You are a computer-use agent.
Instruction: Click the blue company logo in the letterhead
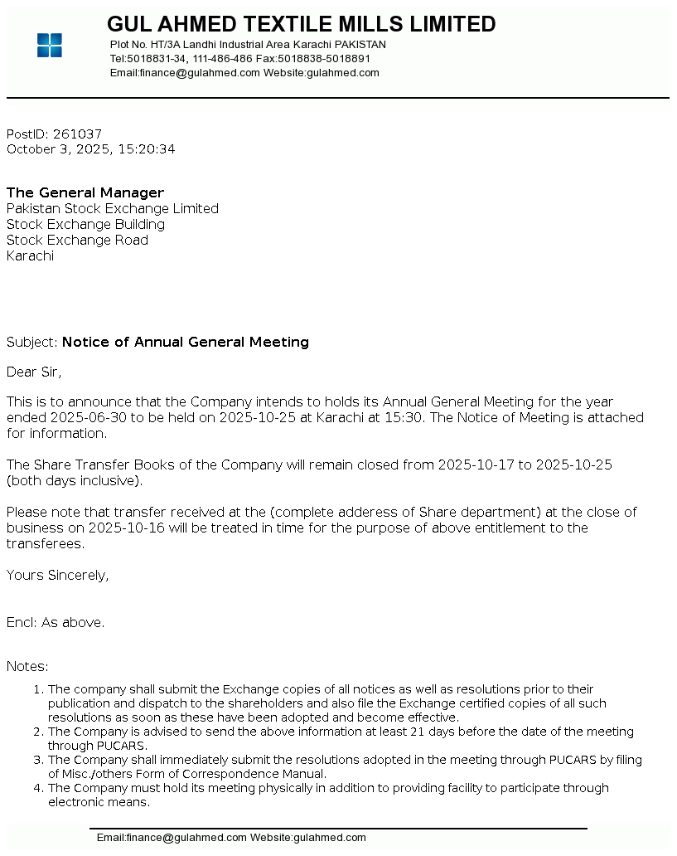point(50,46)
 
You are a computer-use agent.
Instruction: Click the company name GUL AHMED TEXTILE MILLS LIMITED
point(302,24)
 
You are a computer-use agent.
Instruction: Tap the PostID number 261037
point(77,134)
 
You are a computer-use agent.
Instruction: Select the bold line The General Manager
point(85,193)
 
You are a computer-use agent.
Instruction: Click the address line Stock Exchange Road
point(77,241)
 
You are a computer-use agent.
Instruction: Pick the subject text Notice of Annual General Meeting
point(186,343)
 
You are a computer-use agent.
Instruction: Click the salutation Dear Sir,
point(34,372)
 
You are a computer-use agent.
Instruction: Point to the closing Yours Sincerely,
point(57,576)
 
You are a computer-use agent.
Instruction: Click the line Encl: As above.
point(56,623)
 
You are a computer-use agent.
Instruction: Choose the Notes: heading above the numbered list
point(27,667)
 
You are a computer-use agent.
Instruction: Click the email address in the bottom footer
point(172,838)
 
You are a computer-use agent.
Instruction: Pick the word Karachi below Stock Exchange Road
point(30,256)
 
